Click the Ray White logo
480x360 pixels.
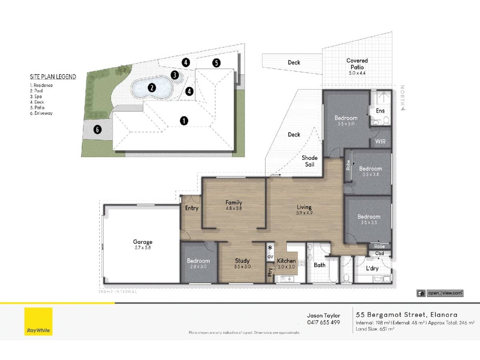[x=38, y=321]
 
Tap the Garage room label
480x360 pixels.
[x=142, y=242]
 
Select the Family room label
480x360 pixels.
[x=234, y=202]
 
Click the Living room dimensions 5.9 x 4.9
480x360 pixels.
[x=304, y=213]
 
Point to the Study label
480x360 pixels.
[x=242, y=261]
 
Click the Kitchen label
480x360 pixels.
[x=286, y=261]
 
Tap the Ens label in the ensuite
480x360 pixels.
[x=380, y=110]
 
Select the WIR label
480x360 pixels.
[x=380, y=141]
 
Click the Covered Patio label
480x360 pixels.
[x=357, y=61]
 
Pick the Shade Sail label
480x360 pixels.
[x=310, y=161]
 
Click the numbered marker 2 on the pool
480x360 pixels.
[x=152, y=88]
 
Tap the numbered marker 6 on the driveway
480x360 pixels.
[x=96, y=129]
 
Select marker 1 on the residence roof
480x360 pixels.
[x=184, y=120]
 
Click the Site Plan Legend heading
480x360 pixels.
[x=53, y=77]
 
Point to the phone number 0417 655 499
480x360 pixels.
[x=323, y=322]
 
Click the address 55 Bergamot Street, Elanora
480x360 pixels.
[x=406, y=315]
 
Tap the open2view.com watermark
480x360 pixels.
[x=440, y=293]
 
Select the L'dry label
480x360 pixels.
[x=372, y=268]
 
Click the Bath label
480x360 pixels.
[x=320, y=265]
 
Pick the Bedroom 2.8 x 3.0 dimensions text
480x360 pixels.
[x=198, y=266]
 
